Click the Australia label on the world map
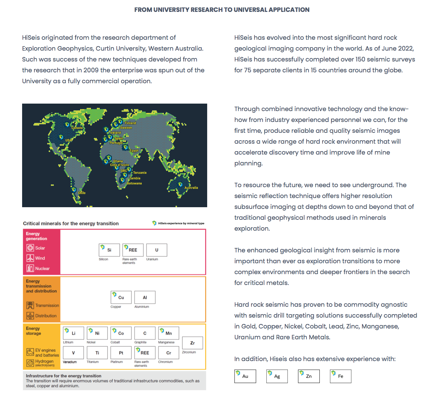[191, 187]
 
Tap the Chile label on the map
[82, 193]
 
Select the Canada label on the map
[77, 128]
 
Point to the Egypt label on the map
[134, 150]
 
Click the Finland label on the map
[130, 123]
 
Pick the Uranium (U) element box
[156, 250]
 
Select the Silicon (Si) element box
[109, 250]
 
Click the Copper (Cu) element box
[121, 297]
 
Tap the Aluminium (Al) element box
[145, 297]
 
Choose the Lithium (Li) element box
[73, 333]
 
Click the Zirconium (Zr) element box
[193, 343]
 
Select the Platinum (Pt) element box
[121, 353]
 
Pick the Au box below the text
[245, 376]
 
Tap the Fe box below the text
[341, 376]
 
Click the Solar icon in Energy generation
[30, 248]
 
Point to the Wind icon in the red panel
[30, 258]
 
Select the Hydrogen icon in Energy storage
[30, 363]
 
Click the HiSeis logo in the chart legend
[154, 223]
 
